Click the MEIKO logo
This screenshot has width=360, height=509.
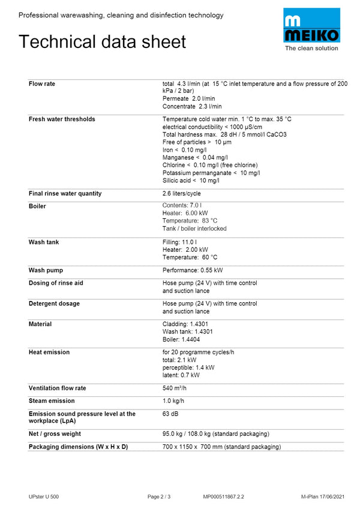(311, 26)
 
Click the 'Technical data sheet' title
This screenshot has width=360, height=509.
(102, 41)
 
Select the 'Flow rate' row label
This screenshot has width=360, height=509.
(42, 84)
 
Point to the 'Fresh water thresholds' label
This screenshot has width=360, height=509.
(62, 119)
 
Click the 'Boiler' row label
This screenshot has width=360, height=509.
(37, 206)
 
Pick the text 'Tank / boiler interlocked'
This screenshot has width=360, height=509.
(194, 228)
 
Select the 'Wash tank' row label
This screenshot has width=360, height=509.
(44, 242)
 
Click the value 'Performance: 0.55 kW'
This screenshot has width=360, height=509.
(192, 270)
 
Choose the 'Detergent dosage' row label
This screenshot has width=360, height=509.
(54, 304)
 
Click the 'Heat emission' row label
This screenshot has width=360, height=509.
(49, 352)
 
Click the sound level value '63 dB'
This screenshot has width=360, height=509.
(170, 414)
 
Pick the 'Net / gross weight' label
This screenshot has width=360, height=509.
(55, 434)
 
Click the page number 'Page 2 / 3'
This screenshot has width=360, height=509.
(159, 496)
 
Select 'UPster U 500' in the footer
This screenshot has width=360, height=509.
(44, 496)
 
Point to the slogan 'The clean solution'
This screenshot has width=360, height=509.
(311, 49)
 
